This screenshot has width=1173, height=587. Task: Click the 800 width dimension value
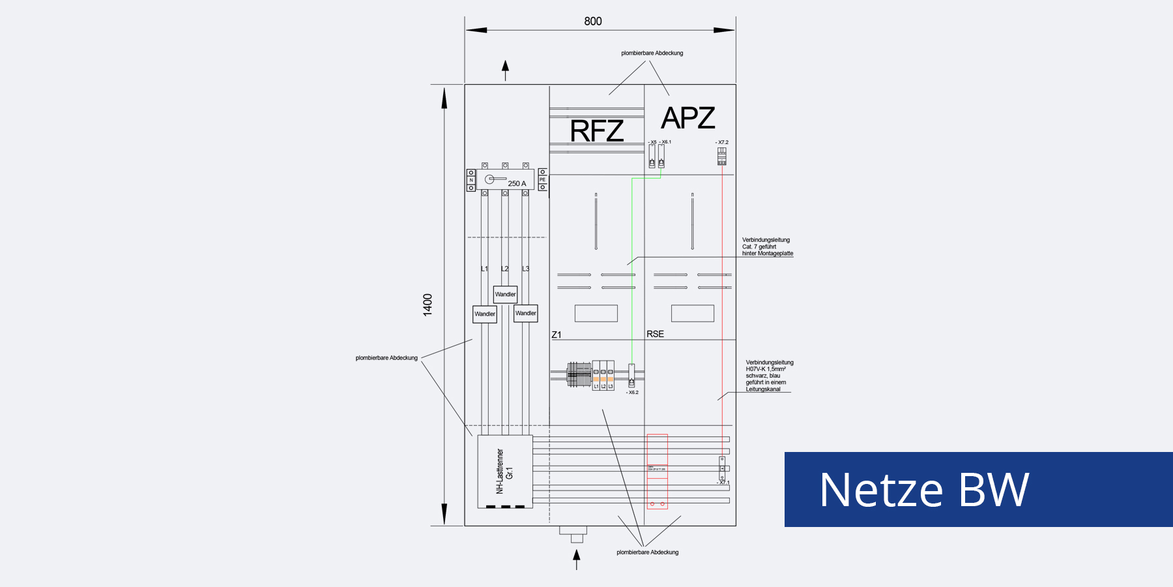pos(593,22)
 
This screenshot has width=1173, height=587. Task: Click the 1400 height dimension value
pos(427,305)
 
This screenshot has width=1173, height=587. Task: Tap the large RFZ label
pos(596,131)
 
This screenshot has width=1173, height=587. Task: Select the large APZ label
pos(688,118)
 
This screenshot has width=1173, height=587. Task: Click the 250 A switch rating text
pos(517,184)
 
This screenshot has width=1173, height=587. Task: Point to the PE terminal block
pos(542,179)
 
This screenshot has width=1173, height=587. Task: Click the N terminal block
pos(471,180)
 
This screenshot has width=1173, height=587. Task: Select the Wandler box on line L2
pos(505,294)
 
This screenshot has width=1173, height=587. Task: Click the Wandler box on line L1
pos(485,314)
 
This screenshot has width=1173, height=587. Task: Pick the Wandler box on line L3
pos(525,313)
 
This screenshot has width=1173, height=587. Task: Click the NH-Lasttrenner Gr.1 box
pos(505,471)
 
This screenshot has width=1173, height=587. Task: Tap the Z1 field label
pos(557,335)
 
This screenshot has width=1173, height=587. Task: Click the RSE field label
pos(655,334)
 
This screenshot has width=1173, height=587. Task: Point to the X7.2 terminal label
pos(722,142)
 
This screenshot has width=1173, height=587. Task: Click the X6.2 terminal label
pos(633,393)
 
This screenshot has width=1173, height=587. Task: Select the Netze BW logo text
pos(924,490)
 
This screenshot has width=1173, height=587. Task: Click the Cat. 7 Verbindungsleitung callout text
pos(767,247)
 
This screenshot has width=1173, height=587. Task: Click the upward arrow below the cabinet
pos(576,558)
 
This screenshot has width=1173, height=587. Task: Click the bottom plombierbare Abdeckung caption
pos(647,552)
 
